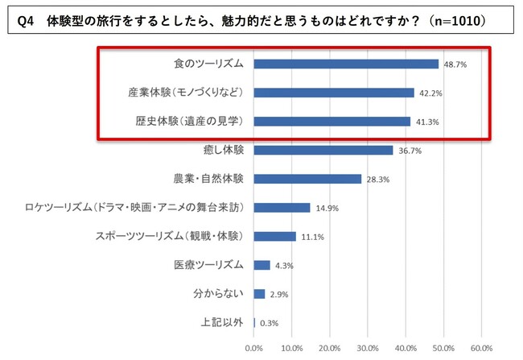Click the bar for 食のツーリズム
point(346,64)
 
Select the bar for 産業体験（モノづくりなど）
point(334,93)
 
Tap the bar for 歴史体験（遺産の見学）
point(332,122)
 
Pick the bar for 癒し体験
point(323,150)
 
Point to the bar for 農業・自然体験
point(307,179)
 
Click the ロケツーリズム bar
point(282,208)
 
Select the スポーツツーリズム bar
point(274,237)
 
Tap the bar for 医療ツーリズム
point(261,265)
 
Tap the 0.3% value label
point(269,324)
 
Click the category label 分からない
point(222,294)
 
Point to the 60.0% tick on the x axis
point(480,348)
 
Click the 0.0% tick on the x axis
point(253,348)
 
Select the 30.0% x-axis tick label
point(367,348)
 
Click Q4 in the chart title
point(26,18)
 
